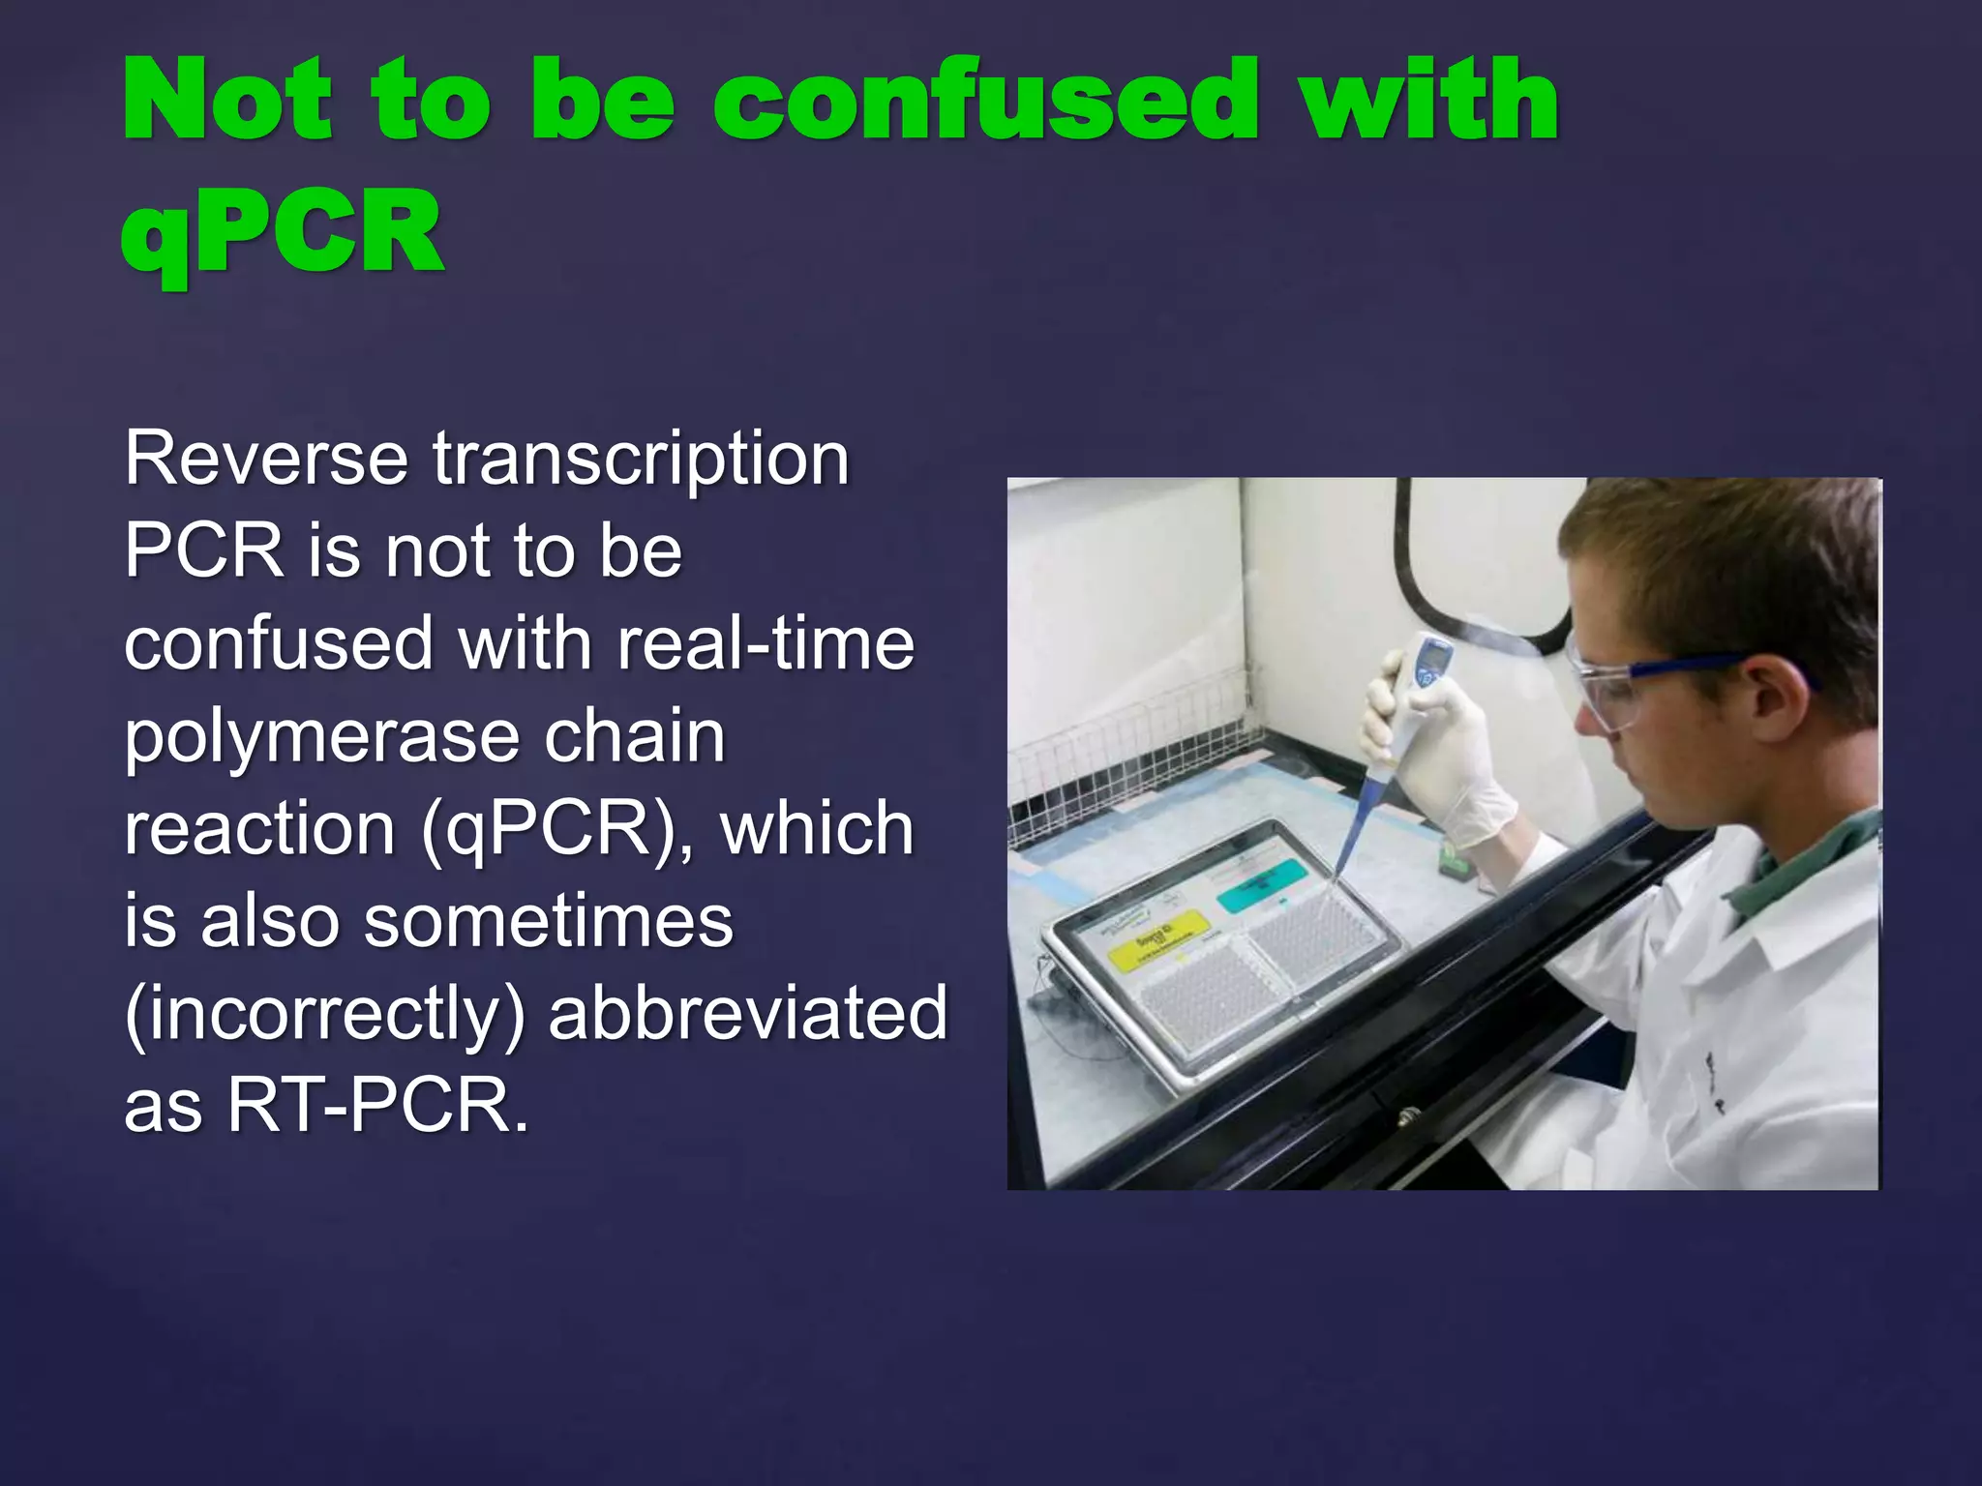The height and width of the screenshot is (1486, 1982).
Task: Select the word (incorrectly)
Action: [x=324, y=1015]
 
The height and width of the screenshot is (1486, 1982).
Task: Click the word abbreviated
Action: [x=747, y=1013]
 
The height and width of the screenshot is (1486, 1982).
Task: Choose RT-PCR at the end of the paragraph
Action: [x=377, y=1106]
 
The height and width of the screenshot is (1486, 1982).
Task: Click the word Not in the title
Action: [x=228, y=101]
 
